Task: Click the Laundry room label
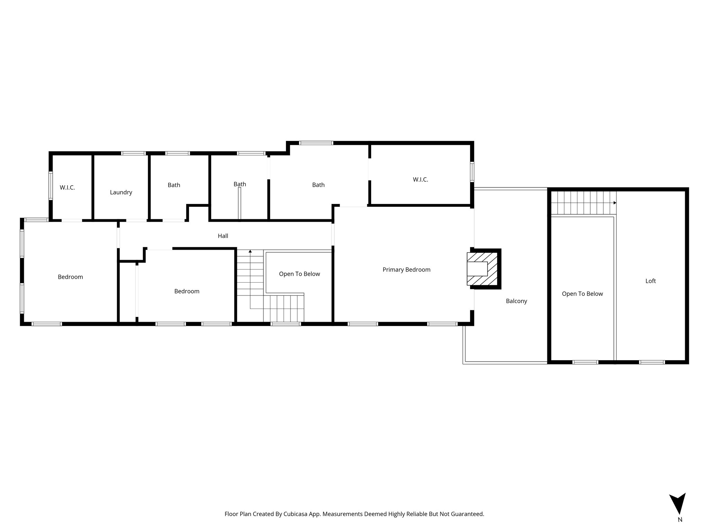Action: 121,192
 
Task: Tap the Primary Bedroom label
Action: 406,269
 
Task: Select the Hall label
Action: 223,236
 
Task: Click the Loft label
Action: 650,281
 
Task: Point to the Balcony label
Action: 516,301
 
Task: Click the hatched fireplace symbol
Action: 482,269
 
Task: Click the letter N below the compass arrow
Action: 680,529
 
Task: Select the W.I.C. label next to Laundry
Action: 67,187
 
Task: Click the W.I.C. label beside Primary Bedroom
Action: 420,179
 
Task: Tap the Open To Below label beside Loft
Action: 582,294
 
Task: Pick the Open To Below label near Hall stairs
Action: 299,274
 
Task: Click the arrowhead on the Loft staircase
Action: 615,203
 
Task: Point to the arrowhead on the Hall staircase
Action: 250,251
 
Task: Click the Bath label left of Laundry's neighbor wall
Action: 174,185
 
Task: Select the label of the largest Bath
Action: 318,185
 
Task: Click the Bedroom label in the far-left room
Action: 70,277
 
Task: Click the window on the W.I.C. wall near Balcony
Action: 472,172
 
